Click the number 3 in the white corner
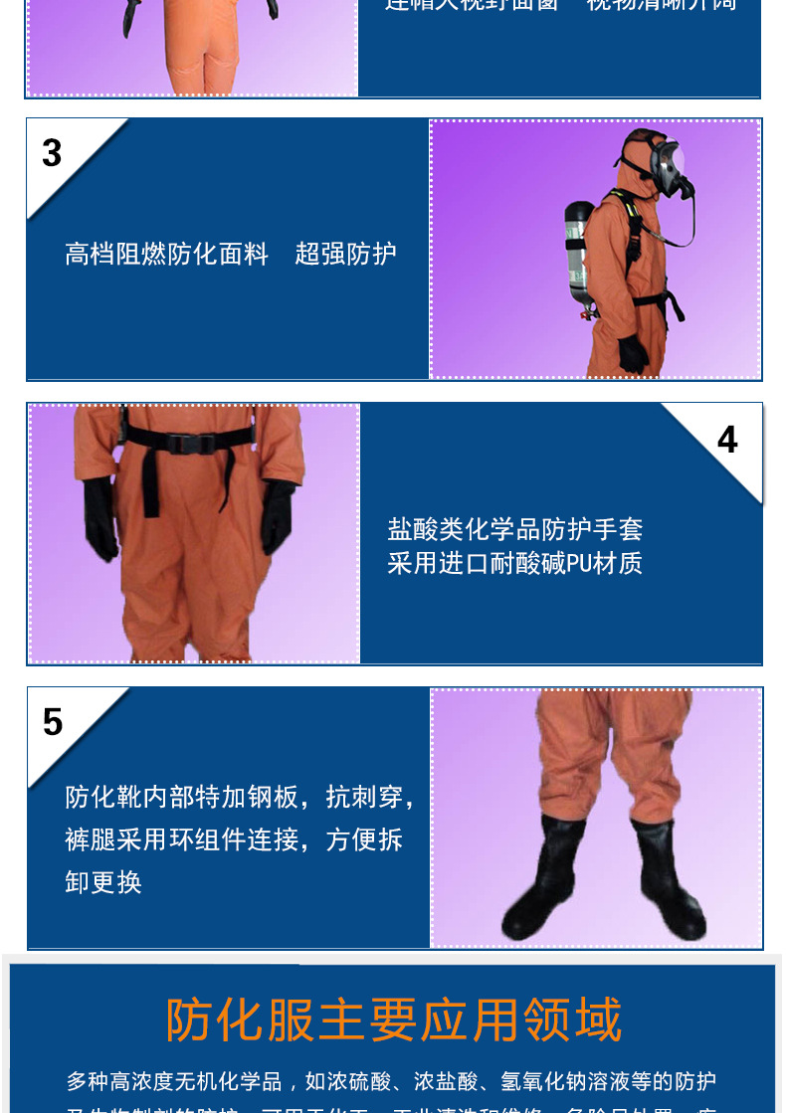[52, 153]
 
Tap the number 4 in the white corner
[727, 440]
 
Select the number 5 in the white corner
[53, 722]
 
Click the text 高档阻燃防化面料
[167, 254]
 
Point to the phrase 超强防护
[345, 254]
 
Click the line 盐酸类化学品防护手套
[515, 528]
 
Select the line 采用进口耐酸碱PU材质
[515, 563]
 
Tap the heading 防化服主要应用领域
[393, 1020]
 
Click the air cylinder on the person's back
[580, 255]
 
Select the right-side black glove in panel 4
[278, 516]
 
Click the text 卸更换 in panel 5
[103, 882]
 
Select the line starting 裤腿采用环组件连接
[234, 839]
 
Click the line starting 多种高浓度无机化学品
[391, 1081]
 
